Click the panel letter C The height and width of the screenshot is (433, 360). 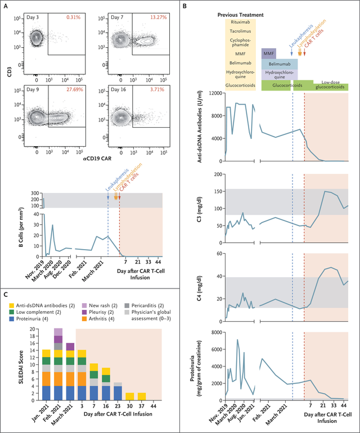(6, 295)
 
